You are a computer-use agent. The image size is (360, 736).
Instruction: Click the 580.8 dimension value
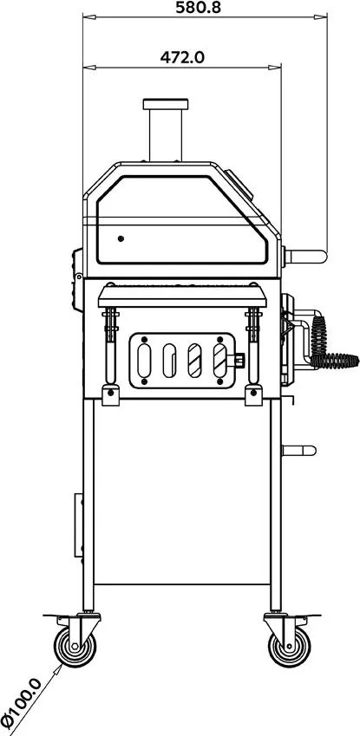pyautogui.click(x=198, y=7)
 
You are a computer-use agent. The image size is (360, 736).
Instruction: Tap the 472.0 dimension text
pyautogui.click(x=182, y=57)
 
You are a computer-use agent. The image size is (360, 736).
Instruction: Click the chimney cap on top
pyautogui.click(x=166, y=104)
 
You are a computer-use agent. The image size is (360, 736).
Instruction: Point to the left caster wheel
pyautogui.click(x=75, y=647)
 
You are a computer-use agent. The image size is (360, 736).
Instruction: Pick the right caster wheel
pyautogui.click(x=290, y=647)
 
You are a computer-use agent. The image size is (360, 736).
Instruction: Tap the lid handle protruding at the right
pyautogui.click(x=305, y=257)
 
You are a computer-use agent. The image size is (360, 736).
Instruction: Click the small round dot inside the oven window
pyautogui.click(x=121, y=238)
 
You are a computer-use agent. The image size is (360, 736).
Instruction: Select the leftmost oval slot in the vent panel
pyautogui.click(x=144, y=361)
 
